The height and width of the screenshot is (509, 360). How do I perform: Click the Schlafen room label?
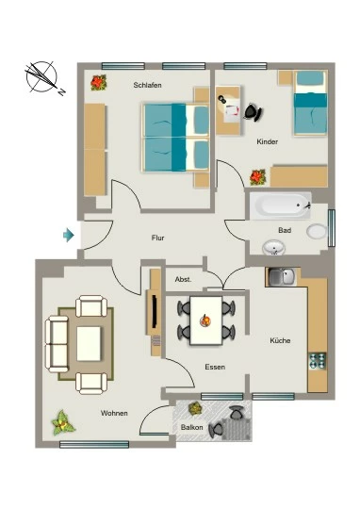(147, 85)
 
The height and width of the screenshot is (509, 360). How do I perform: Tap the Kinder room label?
(267, 141)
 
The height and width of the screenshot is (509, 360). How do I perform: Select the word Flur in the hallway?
(157, 238)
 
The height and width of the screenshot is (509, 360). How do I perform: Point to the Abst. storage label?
(183, 279)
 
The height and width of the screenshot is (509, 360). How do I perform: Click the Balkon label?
(192, 427)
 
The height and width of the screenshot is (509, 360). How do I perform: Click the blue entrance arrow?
(69, 235)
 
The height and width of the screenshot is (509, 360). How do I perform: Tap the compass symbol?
(43, 78)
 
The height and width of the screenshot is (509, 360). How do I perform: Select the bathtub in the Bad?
(280, 205)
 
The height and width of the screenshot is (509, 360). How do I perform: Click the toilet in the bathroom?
(317, 232)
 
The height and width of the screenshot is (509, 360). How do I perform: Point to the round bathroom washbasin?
(273, 248)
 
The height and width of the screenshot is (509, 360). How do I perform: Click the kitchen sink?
(282, 277)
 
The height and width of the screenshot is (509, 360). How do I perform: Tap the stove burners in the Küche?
(318, 361)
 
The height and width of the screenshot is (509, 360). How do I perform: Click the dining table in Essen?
(206, 320)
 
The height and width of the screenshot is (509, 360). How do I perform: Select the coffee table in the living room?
(89, 343)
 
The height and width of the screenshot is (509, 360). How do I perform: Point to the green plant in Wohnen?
(63, 422)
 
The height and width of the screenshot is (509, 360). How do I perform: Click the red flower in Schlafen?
(99, 82)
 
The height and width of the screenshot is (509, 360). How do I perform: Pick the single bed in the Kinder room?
(310, 103)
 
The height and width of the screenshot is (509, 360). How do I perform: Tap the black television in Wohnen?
(155, 311)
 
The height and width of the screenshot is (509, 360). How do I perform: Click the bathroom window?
(332, 228)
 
